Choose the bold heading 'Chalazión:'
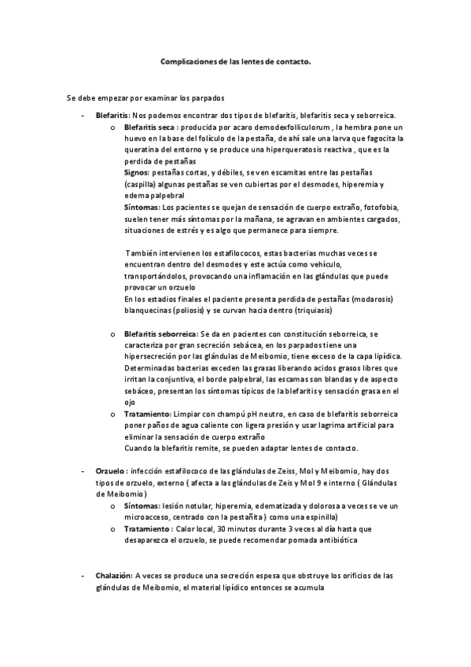(114, 575)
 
